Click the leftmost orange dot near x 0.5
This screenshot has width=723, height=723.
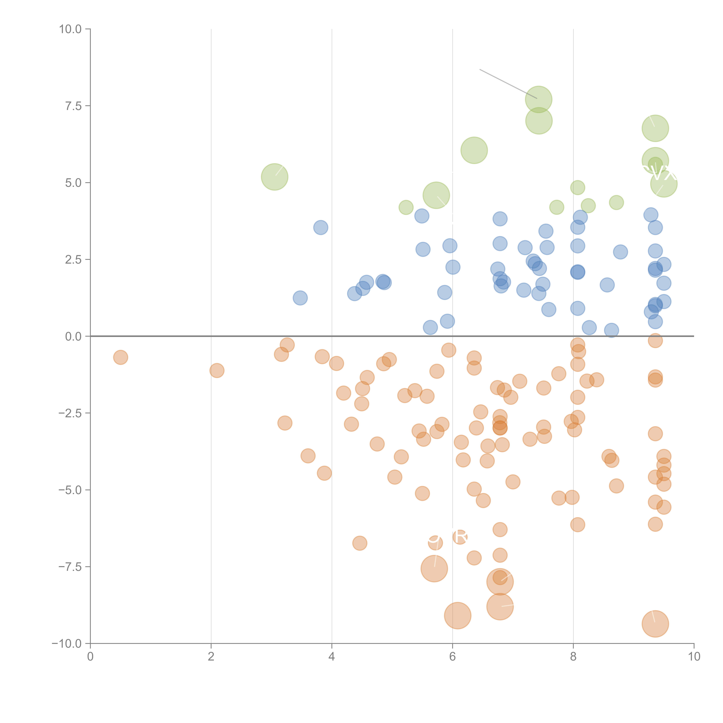(x=120, y=357)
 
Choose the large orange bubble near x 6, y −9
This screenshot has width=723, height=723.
(x=458, y=616)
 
